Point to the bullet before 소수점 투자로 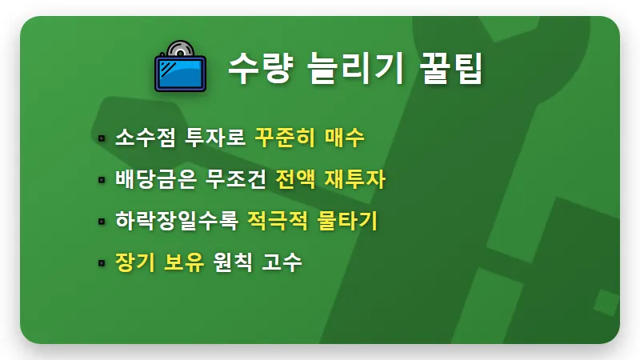click(x=102, y=138)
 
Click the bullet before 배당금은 click(x=102, y=180)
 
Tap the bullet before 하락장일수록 click(x=102, y=222)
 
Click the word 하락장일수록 click(x=177, y=220)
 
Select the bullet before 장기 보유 click(x=102, y=263)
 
